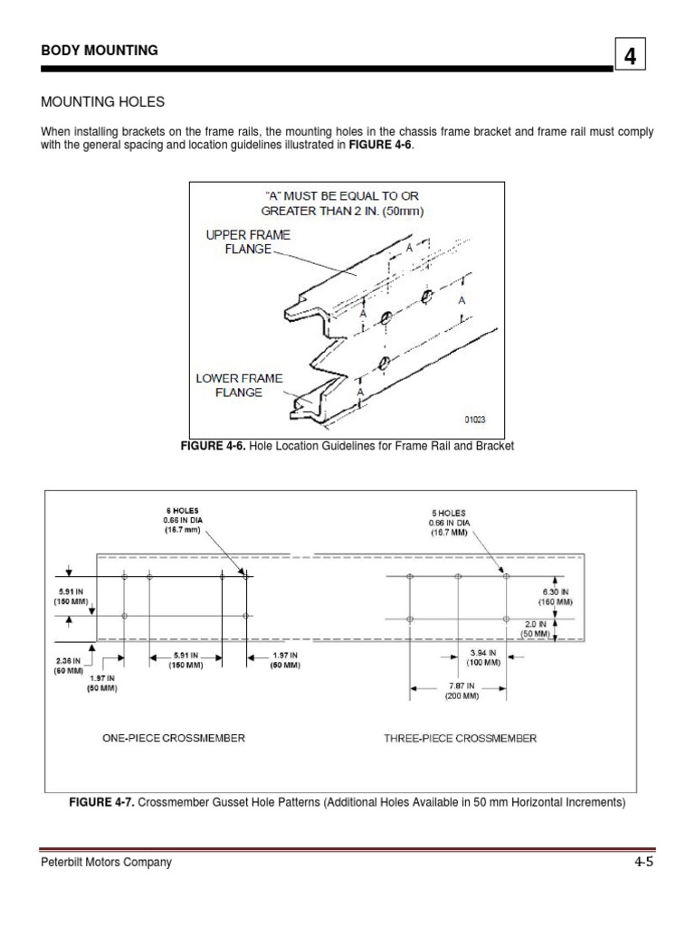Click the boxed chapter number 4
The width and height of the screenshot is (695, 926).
click(x=631, y=57)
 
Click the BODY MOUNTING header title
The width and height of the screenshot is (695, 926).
click(x=100, y=51)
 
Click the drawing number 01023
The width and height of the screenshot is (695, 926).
click(x=475, y=420)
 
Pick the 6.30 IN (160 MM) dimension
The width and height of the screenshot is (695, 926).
click(x=552, y=596)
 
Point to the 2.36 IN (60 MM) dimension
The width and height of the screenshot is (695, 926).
click(x=69, y=666)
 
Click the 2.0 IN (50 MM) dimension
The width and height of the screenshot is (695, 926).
click(x=536, y=629)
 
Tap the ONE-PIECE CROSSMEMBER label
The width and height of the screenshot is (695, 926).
click(x=173, y=738)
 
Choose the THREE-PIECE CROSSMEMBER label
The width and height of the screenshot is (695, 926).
click(x=460, y=738)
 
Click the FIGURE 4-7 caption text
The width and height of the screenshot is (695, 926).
click(x=347, y=802)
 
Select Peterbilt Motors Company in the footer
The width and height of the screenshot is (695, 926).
click(x=106, y=863)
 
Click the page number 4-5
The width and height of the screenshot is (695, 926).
click(x=643, y=863)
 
